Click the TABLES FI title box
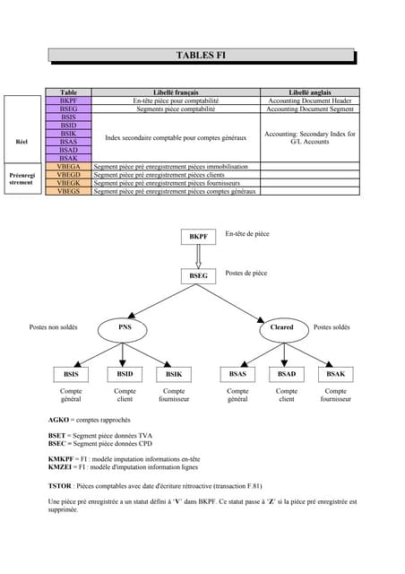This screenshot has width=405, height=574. [x=202, y=56]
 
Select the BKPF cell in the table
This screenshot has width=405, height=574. [x=68, y=100]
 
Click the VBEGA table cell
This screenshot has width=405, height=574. [x=68, y=166]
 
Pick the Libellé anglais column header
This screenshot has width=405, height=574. [x=311, y=92]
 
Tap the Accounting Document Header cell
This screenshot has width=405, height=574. [x=311, y=100]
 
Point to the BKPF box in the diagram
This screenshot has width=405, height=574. [x=198, y=236]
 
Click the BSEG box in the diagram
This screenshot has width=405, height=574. [x=198, y=275]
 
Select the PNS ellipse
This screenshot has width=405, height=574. [x=125, y=327]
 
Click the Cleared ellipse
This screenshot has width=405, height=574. [x=281, y=327]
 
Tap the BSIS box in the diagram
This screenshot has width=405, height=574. [x=71, y=373]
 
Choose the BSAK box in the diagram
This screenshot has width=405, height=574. [x=335, y=373]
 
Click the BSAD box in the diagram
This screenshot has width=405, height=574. [x=287, y=373]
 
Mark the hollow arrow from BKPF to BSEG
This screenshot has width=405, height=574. [x=198, y=256]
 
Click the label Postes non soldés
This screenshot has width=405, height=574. [x=53, y=327]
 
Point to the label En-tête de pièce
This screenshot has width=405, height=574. [x=247, y=233]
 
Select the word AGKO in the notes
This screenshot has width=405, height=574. [x=58, y=420]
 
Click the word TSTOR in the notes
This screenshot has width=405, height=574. [x=60, y=484]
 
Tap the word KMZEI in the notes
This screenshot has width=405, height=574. [x=60, y=466]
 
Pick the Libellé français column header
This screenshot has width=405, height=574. [x=176, y=92]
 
